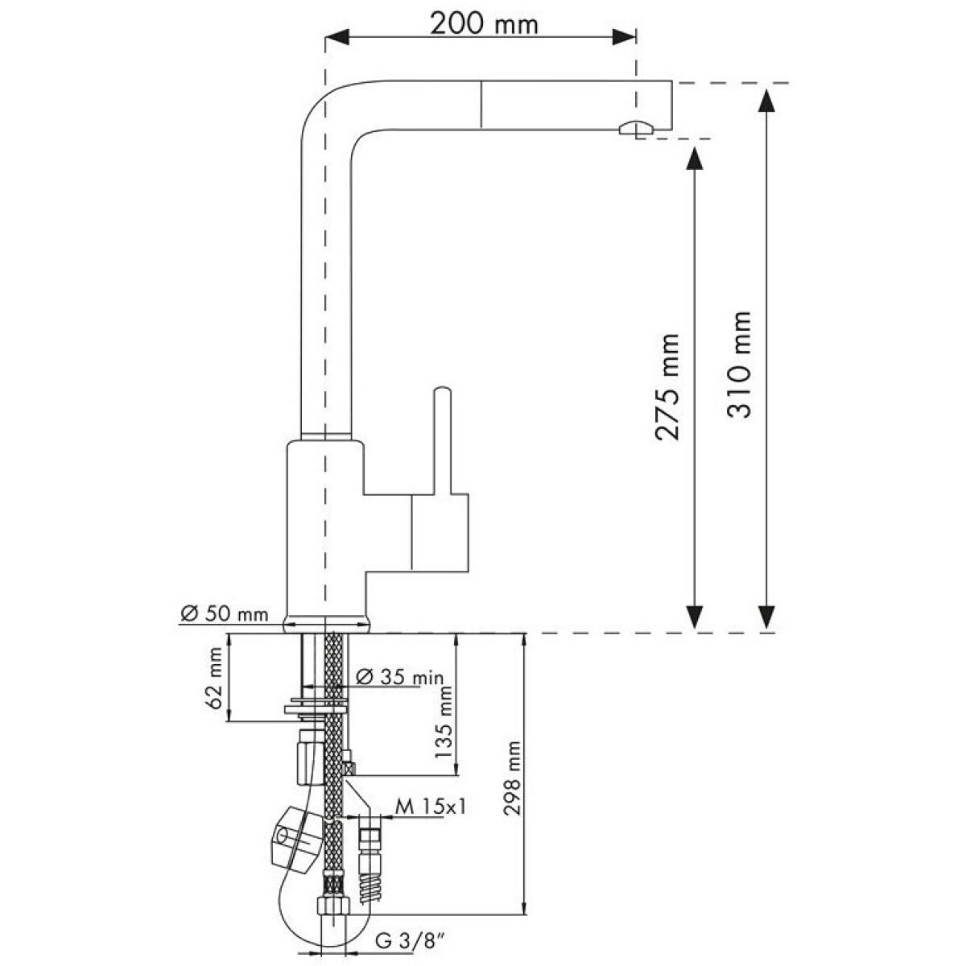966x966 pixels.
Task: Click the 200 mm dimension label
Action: click(484, 23)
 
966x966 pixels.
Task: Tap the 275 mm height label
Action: click(667, 386)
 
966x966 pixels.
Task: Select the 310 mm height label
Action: click(738, 365)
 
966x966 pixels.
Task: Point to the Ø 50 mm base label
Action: click(224, 613)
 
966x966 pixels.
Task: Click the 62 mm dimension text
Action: click(214, 677)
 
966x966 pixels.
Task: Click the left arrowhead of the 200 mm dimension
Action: click(336, 36)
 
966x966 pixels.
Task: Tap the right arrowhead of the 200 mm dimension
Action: click(624, 36)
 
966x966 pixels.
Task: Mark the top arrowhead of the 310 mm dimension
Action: click(766, 101)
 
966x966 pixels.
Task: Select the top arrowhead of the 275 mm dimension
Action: click(694, 158)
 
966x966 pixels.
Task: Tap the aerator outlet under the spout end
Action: click(637, 128)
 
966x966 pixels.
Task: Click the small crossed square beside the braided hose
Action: click(350, 767)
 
